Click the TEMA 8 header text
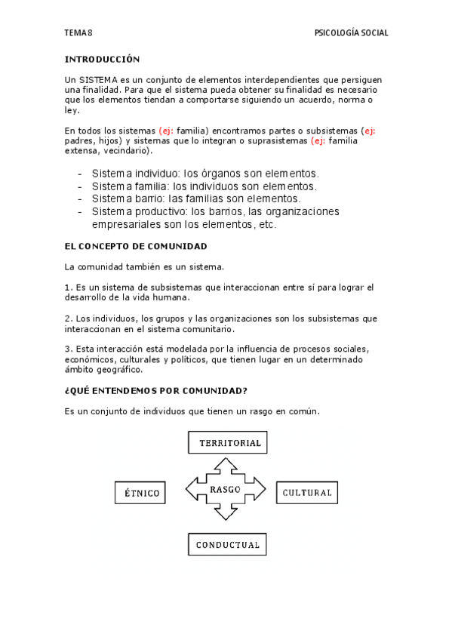point(78,33)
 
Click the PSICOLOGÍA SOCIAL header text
point(351,33)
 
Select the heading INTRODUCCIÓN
point(103,59)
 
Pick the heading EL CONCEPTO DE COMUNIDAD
point(136,247)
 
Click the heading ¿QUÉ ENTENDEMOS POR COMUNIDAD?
point(156,391)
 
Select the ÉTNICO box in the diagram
point(141,494)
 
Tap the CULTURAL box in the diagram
point(307,493)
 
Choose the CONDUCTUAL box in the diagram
point(227,544)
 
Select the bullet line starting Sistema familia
point(204,186)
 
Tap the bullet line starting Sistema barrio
point(196,198)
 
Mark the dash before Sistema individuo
point(80,174)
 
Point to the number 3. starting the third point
point(68,349)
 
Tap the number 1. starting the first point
point(68,288)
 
